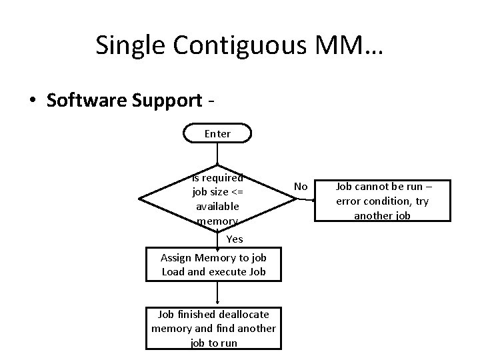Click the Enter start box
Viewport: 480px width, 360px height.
pyautogui.click(x=217, y=133)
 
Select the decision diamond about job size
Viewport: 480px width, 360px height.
pyautogui.click(x=217, y=197)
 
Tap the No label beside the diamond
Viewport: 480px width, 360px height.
pyautogui.click(x=301, y=187)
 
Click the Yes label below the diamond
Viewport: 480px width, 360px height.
pyautogui.click(x=235, y=239)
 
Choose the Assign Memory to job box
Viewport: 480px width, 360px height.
pyautogui.click(x=214, y=265)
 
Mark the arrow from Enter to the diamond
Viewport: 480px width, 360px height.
pyautogui.click(x=217, y=154)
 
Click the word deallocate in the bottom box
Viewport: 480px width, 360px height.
pyautogui.click(x=238, y=313)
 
